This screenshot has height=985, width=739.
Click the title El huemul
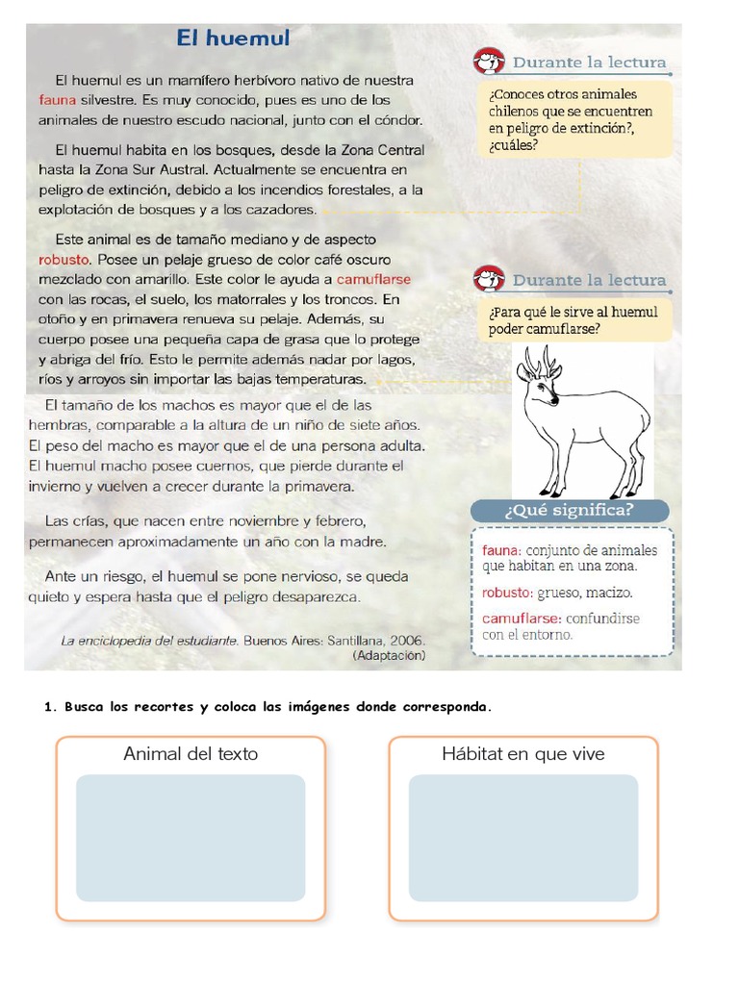coord(233,38)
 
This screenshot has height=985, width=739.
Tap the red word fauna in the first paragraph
coord(56,100)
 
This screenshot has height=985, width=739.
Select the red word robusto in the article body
coord(64,260)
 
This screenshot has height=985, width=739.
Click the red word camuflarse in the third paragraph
coord(374,279)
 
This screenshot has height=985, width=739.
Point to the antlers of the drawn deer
coord(540,363)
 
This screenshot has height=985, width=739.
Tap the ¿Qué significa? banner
coord(570,511)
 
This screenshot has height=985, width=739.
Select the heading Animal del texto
coord(191,754)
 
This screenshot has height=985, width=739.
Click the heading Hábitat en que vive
coord(523,754)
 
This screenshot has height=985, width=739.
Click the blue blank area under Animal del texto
coord(191,837)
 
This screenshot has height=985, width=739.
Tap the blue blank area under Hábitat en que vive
coord(523,837)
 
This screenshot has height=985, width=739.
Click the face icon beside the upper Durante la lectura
coord(490,63)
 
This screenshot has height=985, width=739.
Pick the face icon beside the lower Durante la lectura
coord(490,280)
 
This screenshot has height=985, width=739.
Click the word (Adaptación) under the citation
coord(389,655)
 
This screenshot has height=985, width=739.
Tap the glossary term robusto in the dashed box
coord(507,594)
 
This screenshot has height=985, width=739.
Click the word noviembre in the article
coord(260,521)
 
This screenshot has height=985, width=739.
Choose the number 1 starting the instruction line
coord(47,707)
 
